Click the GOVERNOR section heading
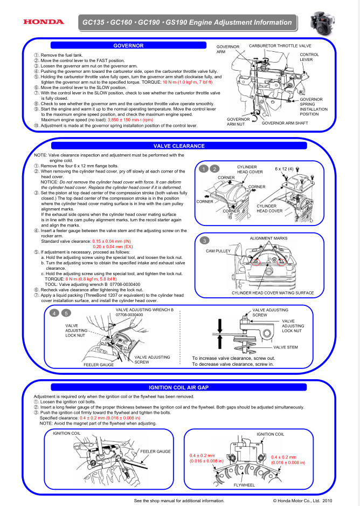point(128,45)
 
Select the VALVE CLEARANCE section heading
point(179,146)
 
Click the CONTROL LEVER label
point(309,57)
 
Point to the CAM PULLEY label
point(218,251)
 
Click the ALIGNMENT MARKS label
point(268,238)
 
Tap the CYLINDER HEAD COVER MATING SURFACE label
point(272,293)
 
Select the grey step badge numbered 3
point(204,240)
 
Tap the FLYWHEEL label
point(244,485)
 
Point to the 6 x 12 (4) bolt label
point(284,169)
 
